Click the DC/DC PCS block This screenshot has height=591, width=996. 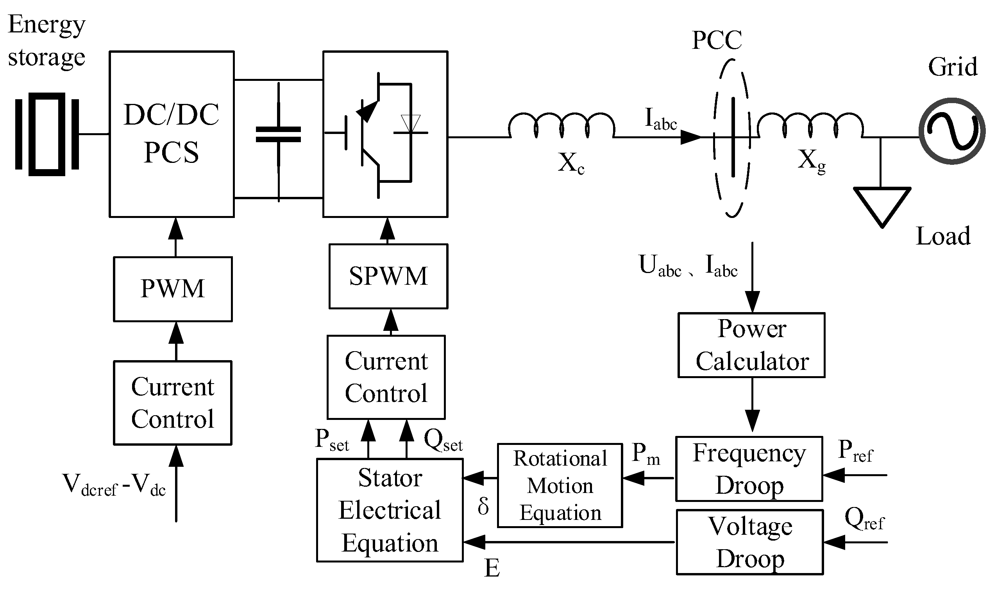(x=171, y=134)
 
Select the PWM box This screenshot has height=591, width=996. (x=172, y=289)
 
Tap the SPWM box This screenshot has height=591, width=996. (x=388, y=277)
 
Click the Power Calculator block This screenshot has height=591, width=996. (x=751, y=345)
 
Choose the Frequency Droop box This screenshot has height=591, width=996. (x=749, y=469)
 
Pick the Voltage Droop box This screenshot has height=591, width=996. (x=750, y=542)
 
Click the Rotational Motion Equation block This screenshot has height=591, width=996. (x=560, y=486)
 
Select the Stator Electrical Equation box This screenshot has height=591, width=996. (x=390, y=510)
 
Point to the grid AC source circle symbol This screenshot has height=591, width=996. (x=952, y=131)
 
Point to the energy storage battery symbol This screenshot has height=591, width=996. (x=47, y=134)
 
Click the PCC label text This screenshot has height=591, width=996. (x=717, y=40)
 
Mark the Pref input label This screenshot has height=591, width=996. (x=855, y=451)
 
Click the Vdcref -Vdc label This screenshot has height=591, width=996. (x=114, y=485)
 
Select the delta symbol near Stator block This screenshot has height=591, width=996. (x=483, y=506)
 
